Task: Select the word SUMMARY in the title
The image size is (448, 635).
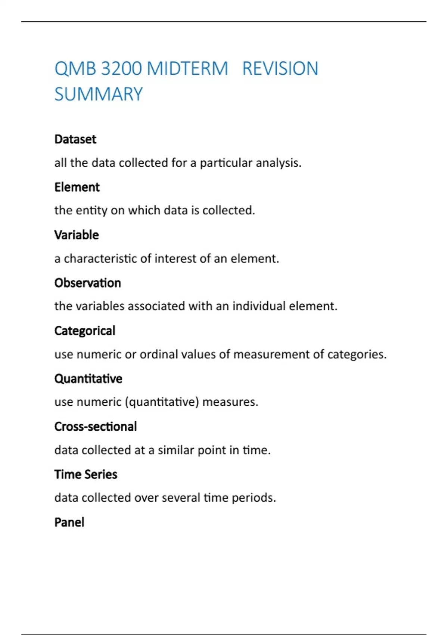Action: (x=99, y=94)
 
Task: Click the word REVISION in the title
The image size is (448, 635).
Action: (x=280, y=69)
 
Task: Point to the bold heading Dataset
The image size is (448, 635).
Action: (x=75, y=139)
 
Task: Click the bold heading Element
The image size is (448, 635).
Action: (x=77, y=187)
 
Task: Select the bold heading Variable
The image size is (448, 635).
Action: (x=77, y=235)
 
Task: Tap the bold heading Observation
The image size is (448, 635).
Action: (x=88, y=283)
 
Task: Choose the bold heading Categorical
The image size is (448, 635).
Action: (x=85, y=331)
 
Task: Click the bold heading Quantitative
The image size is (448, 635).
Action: (x=88, y=378)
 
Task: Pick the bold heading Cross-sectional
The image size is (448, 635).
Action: (x=96, y=426)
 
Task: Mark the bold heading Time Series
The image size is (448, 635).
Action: (x=86, y=474)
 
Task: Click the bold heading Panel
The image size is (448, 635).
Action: (x=69, y=522)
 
